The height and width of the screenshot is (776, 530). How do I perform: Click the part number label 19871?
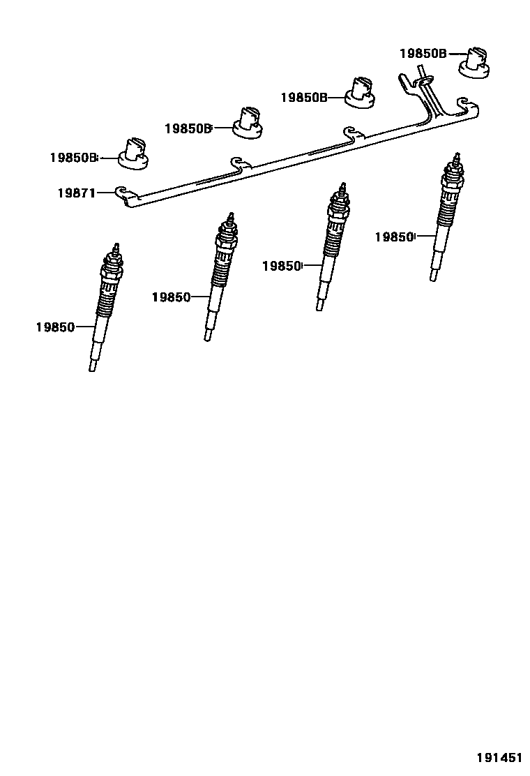pos(76,193)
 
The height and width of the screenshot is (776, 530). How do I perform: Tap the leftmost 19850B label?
pos(73,158)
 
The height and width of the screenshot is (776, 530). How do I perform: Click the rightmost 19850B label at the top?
pos(423,53)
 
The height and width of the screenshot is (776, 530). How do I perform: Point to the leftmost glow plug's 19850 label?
pos(55,327)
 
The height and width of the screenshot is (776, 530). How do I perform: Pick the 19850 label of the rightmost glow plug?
pos(394,237)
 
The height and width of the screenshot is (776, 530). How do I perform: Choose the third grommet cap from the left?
pos(362,93)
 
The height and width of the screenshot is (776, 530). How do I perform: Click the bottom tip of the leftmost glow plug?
pos(92,367)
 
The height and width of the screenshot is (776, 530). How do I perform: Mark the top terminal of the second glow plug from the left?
pos(228,216)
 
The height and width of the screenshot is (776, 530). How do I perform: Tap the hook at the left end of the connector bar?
pos(122,191)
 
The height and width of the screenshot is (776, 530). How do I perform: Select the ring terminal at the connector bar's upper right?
pos(424,84)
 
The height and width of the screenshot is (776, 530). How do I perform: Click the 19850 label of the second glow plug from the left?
pos(171,297)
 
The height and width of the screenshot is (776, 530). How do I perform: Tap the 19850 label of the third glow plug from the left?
pos(281,266)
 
